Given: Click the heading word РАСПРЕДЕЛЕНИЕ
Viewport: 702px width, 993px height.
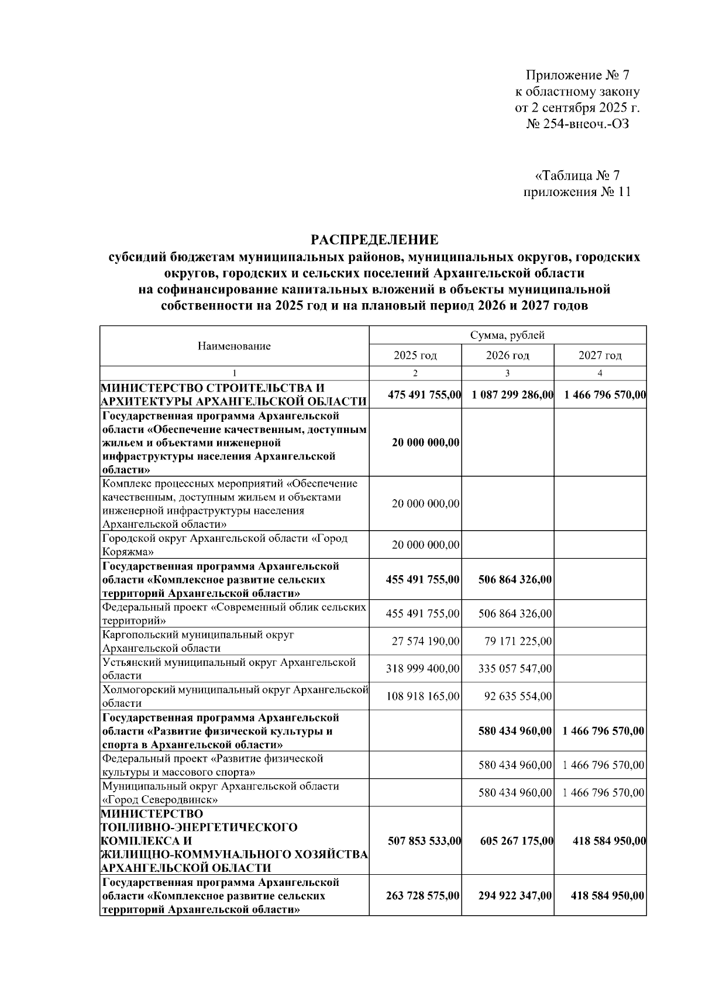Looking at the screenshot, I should coord(374,239).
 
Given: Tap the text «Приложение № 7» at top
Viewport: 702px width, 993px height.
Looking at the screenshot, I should coord(577,75).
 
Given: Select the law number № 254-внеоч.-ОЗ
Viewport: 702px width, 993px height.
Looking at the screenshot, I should coord(577,123).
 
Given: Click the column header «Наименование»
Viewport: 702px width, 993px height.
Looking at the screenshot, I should coord(234,346).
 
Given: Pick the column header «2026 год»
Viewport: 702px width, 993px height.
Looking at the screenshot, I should coord(507,355).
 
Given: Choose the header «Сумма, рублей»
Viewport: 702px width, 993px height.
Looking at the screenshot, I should coord(507,335).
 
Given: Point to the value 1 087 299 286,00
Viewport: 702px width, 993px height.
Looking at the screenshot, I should coord(512,395).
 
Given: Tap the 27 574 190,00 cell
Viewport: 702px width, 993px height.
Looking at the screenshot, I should coord(425,641).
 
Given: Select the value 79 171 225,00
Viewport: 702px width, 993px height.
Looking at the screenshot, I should coord(518,641).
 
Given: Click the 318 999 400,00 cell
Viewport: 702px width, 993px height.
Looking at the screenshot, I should coord(423,668).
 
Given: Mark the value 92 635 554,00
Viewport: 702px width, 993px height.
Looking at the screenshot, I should coord(518,696).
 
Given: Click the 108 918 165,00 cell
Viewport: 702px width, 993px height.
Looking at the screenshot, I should coord(423,696).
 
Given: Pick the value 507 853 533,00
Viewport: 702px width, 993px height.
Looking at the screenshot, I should coord(424,841).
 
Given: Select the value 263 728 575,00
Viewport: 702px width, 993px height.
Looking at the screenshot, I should coord(423,896).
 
